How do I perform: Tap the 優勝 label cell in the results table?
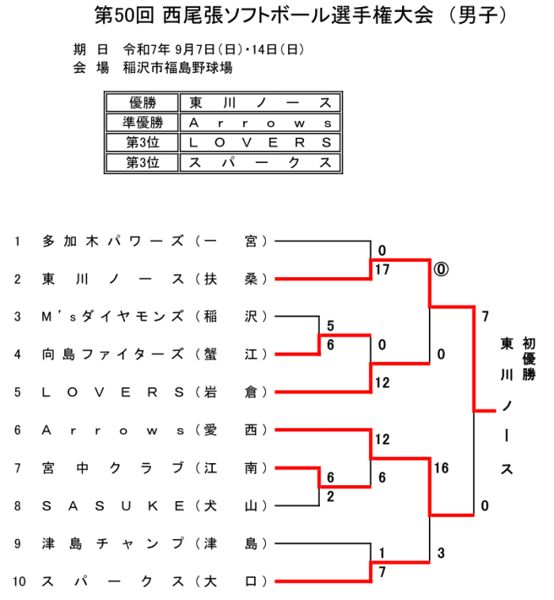pos(142,103)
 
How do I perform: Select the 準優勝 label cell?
pos(142,123)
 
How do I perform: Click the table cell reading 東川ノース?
pos(260,103)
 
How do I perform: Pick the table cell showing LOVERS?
pos(260,142)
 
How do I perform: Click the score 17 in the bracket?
pos(383,269)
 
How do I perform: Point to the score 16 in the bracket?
pos(441,468)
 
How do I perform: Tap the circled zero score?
pos(440,269)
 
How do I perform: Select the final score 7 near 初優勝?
pos(484,316)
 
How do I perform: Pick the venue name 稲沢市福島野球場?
pos(178,68)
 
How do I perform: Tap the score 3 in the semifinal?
pos(441,553)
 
